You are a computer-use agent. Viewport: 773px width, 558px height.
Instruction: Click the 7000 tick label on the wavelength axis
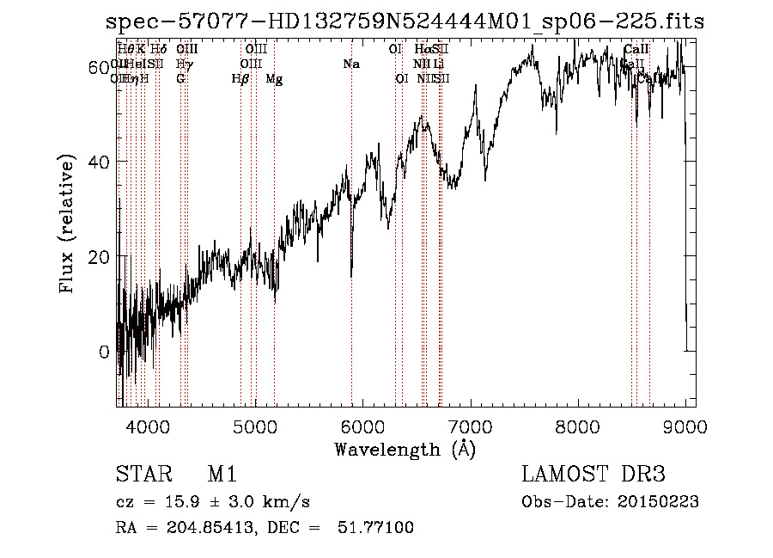pos(470,426)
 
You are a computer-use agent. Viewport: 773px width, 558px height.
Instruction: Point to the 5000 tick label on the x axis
pos(254,426)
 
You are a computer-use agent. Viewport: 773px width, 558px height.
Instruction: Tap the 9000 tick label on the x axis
pos(685,426)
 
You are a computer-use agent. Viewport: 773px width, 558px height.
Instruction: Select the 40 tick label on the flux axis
pos(98,162)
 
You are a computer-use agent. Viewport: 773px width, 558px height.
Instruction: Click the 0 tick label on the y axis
pos(105,352)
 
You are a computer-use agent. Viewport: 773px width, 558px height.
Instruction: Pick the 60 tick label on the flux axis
pos(98,67)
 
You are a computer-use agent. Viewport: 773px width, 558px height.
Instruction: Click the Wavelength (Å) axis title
pos(405,449)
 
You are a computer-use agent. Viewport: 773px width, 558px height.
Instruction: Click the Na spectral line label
pos(351,64)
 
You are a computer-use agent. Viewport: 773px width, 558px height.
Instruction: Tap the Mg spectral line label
pos(274,79)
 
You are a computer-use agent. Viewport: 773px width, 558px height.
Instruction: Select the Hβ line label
pos(240,79)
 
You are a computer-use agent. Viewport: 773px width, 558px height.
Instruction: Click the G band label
pos(180,79)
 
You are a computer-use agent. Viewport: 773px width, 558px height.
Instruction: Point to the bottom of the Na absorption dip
pos(351,275)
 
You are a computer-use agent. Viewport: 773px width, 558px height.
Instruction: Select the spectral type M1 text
pos(222,475)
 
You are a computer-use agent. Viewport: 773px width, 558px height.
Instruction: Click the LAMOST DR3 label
pos(593,475)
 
